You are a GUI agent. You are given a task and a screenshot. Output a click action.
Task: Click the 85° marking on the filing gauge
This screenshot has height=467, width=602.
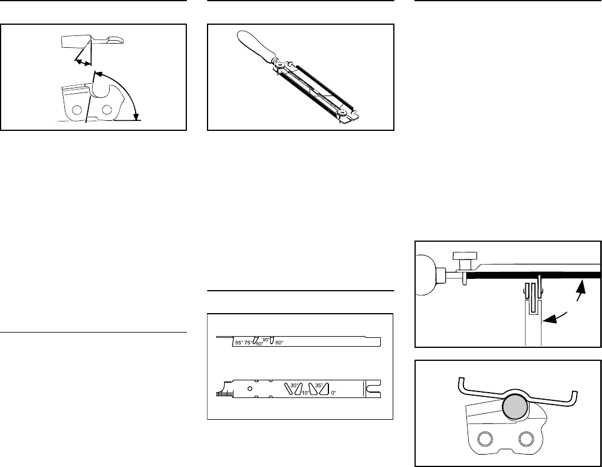239,342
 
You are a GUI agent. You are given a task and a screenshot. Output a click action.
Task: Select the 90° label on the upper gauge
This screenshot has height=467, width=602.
266,340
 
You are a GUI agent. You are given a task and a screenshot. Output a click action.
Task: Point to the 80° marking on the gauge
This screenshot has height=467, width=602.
279,342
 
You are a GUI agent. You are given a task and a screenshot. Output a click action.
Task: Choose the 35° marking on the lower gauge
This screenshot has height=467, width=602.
319,386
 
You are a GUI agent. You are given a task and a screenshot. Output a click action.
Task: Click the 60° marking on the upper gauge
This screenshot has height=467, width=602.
259,344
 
